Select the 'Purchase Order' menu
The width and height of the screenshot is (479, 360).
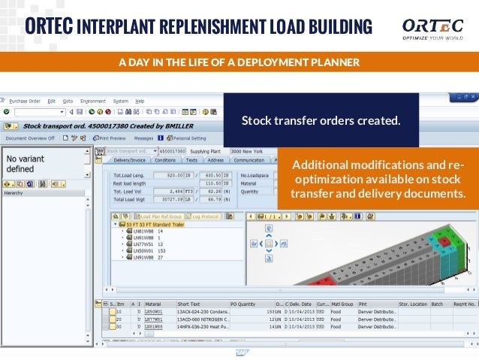pyautogui.click(x=24, y=101)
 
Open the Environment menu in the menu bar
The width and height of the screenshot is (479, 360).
pyautogui.click(x=93, y=101)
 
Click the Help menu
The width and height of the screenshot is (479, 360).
pyautogui.click(x=140, y=101)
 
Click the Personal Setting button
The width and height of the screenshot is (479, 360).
pyautogui.click(x=188, y=138)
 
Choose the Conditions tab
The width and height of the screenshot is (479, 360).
pyautogui.click(x=165, y=160)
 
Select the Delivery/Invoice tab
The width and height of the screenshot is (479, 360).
pyautogui.click(x=129, y=160)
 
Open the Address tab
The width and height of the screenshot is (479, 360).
pyautogui.click(x=215, y=160)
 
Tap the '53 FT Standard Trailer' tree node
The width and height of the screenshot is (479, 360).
pyautogui.click(x=146, y=224)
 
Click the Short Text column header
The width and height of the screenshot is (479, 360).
pyautogui.click(x=188, y=304)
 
